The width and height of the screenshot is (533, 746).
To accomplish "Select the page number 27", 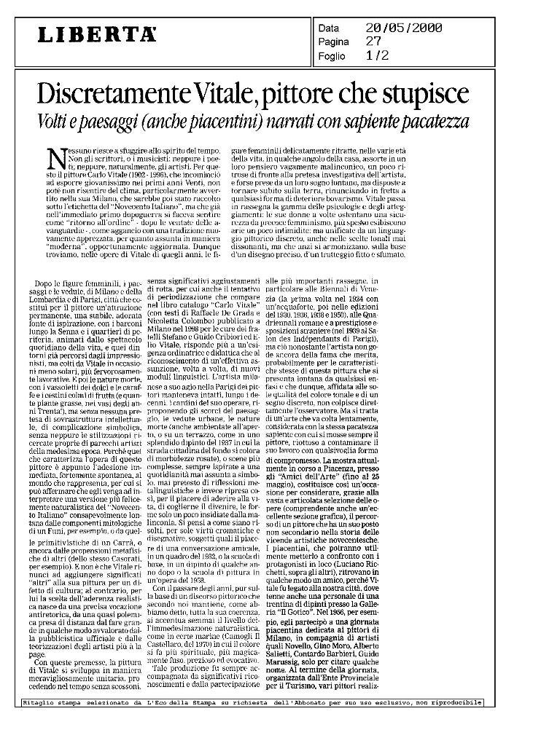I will tap(373, 42).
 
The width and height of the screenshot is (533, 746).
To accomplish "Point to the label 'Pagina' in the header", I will tap(334, 42).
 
